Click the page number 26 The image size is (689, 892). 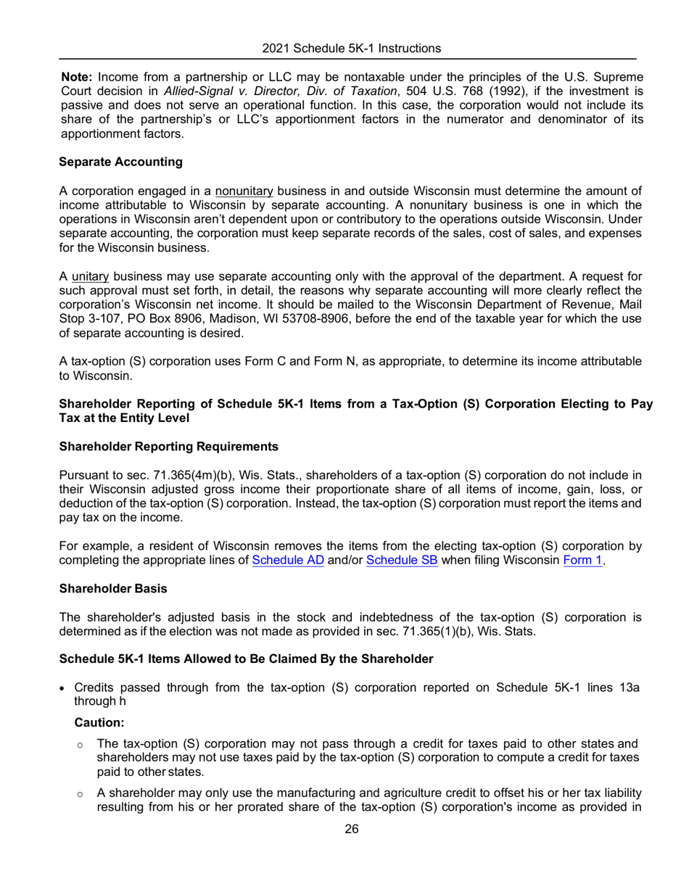coord(352,829)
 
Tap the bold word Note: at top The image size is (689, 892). coord(77,76)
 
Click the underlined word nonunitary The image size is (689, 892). coord(244,191)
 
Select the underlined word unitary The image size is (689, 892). coord(90,277)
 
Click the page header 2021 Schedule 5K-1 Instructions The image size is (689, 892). coord(352,49)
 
